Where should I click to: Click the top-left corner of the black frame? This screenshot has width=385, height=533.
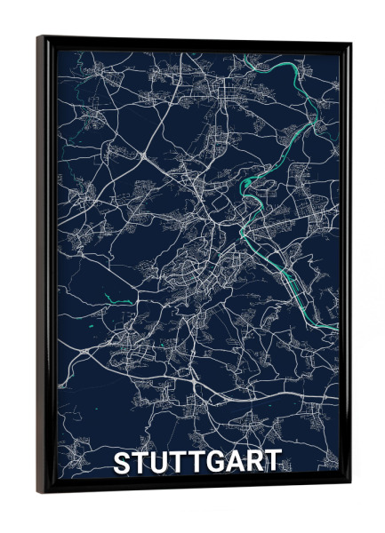point(39,37)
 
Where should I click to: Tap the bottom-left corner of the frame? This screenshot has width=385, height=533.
point(38,492)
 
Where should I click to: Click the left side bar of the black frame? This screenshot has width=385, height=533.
point(44,266)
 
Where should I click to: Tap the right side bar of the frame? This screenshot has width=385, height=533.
point(345,266)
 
